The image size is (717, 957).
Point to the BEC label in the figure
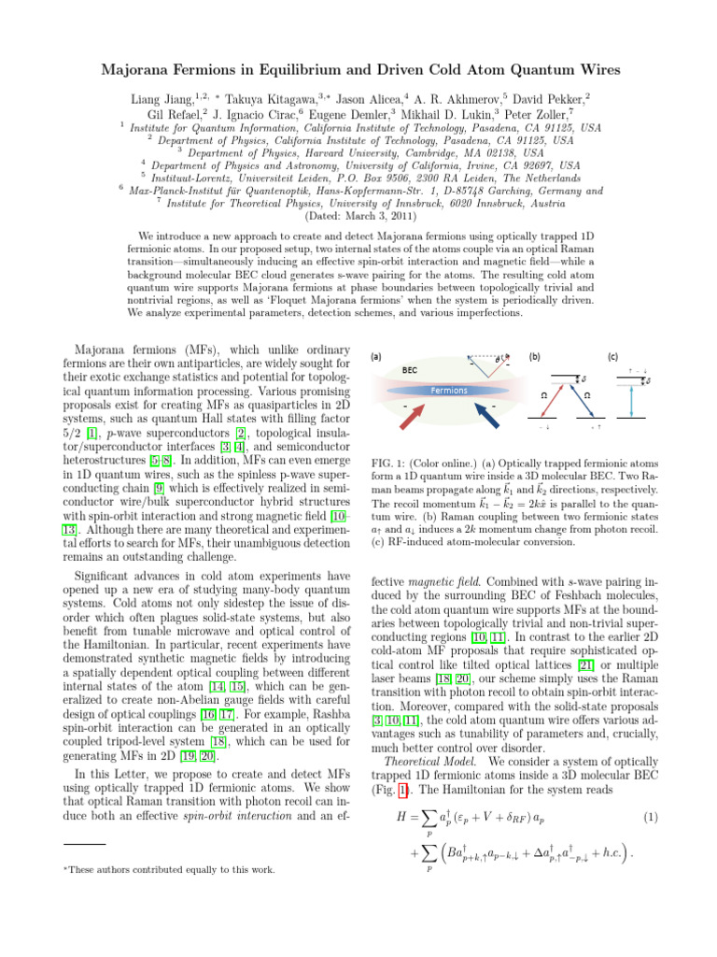410,370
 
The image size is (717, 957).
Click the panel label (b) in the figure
534,356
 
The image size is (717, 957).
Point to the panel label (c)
612,356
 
